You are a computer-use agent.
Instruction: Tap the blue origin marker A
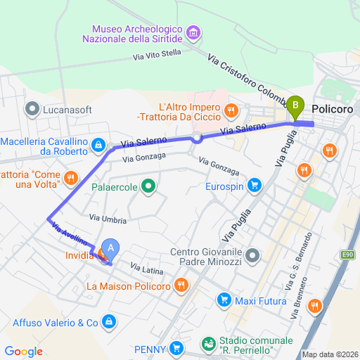110,248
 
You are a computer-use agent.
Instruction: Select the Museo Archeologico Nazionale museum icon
194,33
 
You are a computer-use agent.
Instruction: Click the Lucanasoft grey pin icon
32,109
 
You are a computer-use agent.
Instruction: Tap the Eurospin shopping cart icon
255,186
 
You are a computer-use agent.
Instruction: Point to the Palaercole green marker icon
148,187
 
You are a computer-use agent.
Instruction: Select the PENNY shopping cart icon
175,348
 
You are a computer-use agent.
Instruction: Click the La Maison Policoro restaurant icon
181,285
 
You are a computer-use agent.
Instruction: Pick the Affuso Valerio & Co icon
109,322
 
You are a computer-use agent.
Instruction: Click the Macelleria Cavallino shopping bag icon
99,146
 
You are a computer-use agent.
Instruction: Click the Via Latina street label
148,269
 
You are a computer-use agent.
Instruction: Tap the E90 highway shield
350,255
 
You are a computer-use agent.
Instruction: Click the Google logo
23,352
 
